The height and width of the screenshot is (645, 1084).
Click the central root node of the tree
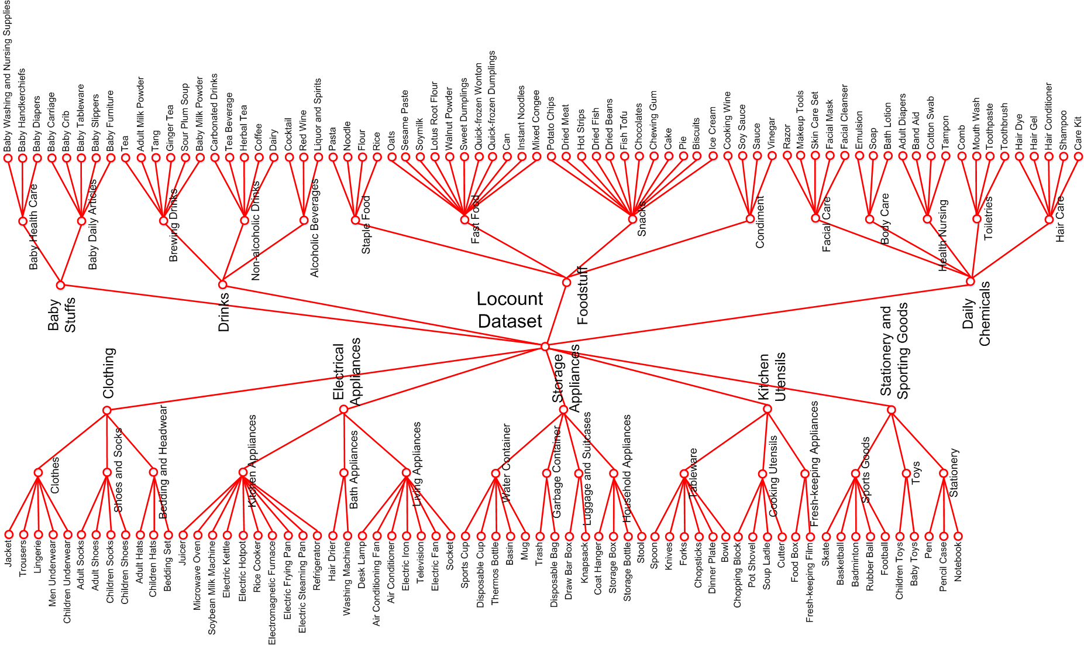pyautogui.click(x=545, y=346)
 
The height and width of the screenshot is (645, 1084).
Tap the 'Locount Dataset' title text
pyautogui.click(x=510, y=310)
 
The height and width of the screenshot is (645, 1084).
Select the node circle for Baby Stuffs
pyautogui.click(x=60, y=285)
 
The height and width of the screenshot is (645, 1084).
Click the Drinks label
pyautogui.click(x=224, y=313)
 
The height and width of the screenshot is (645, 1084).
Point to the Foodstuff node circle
pyautogui.click(x=566, y=282)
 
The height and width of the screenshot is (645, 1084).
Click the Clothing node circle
pyautogui.click(x=106, y=410)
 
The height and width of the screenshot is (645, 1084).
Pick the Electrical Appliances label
pyautogui.click(x=347, y=372)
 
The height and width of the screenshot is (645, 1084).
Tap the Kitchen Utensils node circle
pyautogui.click(x=768, y=409)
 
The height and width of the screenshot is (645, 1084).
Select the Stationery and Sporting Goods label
pyautogui.click(x=894, y=351)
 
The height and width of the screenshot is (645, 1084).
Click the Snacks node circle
pyautogui.click(x=632, y=219)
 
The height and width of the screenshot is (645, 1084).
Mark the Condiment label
pyautogui.click(x=760, y=222)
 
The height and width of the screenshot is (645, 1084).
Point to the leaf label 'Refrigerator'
pyautogui.click(x=318, y=566)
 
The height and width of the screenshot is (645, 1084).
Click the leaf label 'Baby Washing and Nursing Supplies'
pyautogui.click(x=8, y=77)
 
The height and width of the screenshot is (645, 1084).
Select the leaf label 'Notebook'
pyautogui.click(x=958, y=562)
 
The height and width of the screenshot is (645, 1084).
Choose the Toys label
pyautogui.click(x=916, y=473)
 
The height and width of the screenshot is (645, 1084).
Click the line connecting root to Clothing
pyautogui.click(x=326, y=379)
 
